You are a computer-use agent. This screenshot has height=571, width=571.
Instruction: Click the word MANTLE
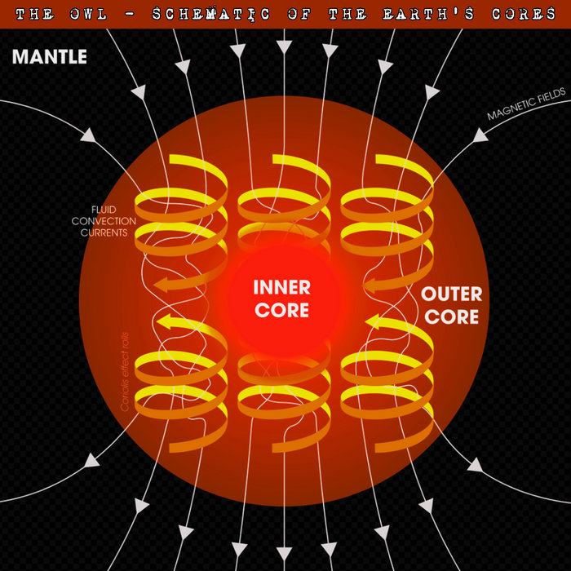pyautogui.click(x=49, y=58)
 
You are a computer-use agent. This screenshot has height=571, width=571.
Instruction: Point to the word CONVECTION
pyautogui.click(x=100, y=220)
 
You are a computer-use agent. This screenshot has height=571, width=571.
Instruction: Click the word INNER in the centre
pyautogui.click(x=282, y=287)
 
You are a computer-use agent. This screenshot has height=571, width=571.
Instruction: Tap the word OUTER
pyautogui.click(x=451, y=294)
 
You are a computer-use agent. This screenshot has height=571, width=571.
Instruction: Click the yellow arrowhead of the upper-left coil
pyautogui.click(x=166, y=284)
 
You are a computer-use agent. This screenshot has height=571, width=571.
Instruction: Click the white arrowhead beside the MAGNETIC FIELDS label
pyautogui.click(x=480, y=135)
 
